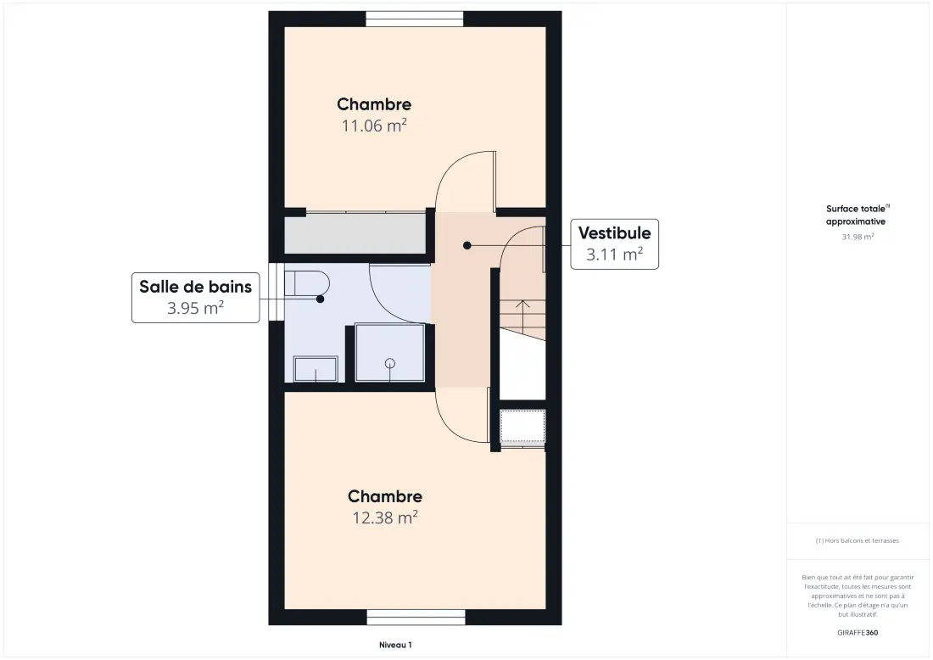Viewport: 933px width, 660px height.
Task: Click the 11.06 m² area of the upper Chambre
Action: point(374,126)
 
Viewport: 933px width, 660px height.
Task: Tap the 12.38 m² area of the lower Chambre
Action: point(385,517)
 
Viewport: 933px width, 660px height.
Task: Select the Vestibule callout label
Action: point(615,244)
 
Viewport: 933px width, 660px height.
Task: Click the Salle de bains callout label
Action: point(196,298)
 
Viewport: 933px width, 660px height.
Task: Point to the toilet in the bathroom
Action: point(306,283)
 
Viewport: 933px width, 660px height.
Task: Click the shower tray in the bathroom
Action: point(390,352)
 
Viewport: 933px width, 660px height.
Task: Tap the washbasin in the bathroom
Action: point(316,369)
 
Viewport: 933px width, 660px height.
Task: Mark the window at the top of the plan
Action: point(415,19)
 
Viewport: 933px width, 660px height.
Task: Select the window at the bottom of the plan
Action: point(416,617)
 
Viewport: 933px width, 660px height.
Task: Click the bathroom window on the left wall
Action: point(277,292)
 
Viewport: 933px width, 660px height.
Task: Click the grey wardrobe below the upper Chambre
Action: point(355,235)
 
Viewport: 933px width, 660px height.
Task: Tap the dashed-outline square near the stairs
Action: point(522,426)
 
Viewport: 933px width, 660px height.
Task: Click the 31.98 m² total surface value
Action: point(858,237)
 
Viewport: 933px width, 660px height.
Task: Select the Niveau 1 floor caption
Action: point(395,645)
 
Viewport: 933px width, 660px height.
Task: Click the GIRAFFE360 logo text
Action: point(858,633)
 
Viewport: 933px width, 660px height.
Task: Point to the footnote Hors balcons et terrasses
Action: point(857,541)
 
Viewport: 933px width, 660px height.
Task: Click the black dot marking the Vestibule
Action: point(467,245)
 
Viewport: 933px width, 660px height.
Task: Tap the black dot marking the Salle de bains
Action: point(320,299)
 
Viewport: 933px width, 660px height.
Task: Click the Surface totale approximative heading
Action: point(857,215)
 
